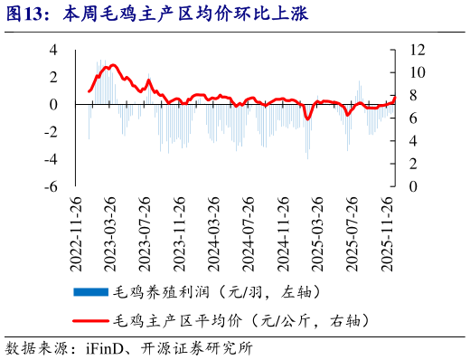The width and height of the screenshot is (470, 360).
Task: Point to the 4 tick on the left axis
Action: click(x=53, y=50)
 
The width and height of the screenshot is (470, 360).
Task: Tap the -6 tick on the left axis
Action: click(x=51, y=186)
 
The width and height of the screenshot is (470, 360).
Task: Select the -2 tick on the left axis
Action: click(x=51, y=132)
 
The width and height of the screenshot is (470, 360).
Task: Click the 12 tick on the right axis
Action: click(x=416, y=50)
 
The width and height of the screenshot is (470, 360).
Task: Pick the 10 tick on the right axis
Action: click(x=416, y=72)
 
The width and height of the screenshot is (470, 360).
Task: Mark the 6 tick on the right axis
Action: click(x=412, y=118)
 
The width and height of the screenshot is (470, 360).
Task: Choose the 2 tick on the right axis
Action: click(x=412, y=164)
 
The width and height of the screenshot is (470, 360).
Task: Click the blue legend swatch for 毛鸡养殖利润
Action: click(x=90, y=291)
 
